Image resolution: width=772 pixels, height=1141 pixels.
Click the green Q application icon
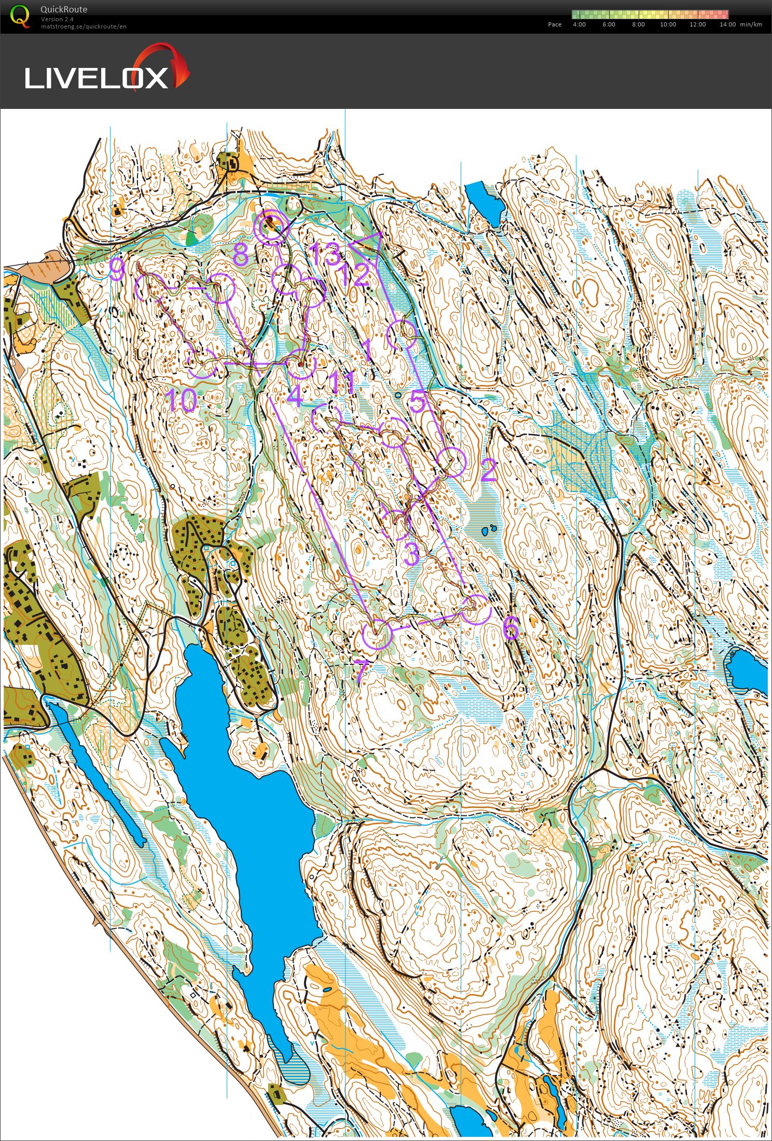[x=20, y=16]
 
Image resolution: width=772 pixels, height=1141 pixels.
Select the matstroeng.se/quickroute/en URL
[x=84, y=26]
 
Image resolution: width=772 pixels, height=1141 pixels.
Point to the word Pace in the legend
[x=555, y=24]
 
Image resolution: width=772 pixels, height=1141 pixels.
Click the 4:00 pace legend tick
[x=579, y=24]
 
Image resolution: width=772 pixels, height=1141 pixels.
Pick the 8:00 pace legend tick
[x=638, y=24]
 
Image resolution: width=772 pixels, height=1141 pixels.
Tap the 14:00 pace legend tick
[x=727, y=24]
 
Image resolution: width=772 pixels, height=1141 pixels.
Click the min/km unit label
[x=751, y=24]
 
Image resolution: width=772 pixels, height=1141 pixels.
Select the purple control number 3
[x=411, y=554]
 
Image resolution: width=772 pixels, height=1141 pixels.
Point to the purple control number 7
[x=362, y=669]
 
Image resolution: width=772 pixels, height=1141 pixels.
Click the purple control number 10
[x=181, y=401]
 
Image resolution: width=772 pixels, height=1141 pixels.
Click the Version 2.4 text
[x=57, y=19]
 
